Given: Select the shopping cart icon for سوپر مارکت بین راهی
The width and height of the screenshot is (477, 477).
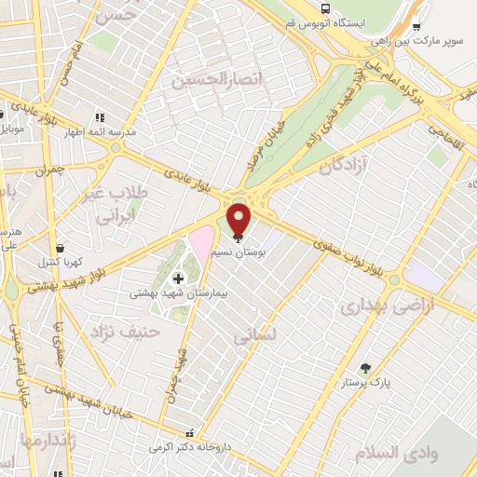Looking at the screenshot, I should [416, 27].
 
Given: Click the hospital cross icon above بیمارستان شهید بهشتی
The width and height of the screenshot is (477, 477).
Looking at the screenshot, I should [178, 278].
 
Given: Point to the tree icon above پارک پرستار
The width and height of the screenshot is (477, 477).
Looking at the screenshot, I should [365, 368].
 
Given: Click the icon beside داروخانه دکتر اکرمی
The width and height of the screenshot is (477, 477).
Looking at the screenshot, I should [192, 434].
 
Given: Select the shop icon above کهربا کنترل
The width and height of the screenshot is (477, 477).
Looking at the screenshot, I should [61, 249].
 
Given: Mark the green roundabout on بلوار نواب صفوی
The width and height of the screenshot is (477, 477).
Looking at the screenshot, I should [394, 279].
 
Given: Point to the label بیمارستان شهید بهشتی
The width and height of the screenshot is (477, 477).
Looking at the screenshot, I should [182, 293].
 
